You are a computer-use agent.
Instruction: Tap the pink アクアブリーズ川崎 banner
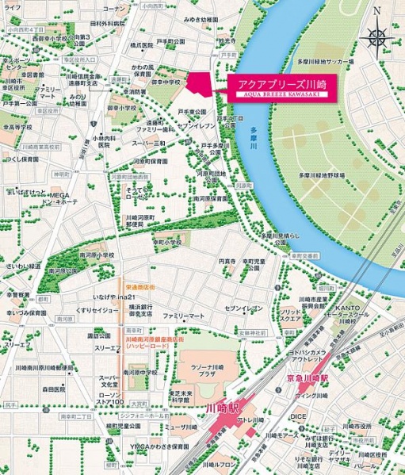(x=280, y=86)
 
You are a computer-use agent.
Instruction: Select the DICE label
(x=298, y=415)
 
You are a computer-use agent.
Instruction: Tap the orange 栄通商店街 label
(x=139, y=284)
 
